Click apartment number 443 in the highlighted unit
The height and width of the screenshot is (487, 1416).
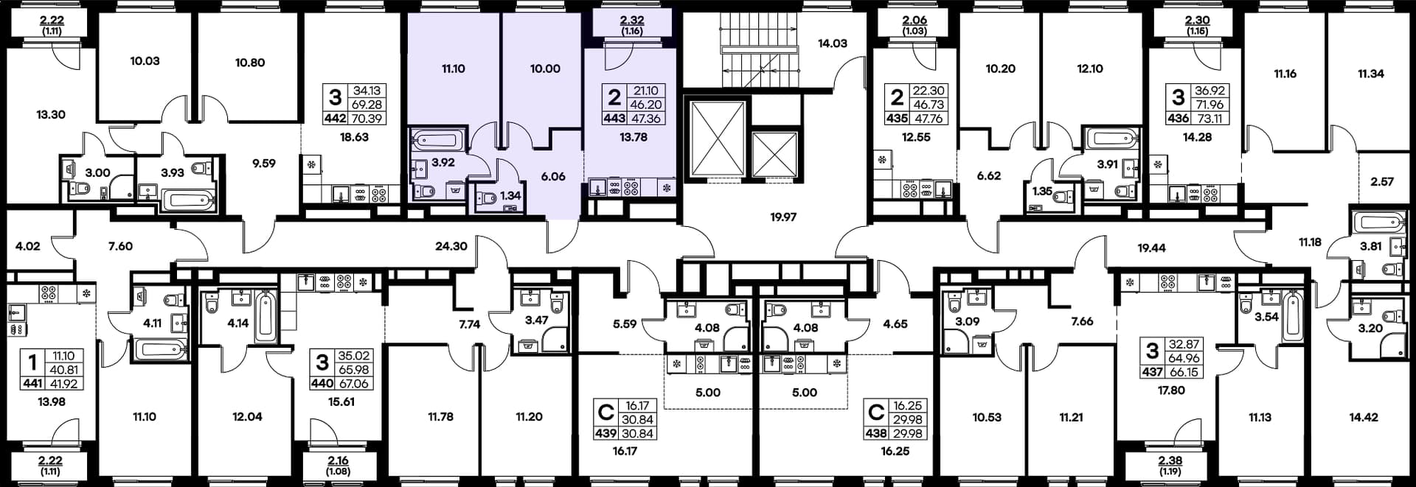(614, 119)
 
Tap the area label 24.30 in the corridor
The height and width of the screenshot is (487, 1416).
(451, 246)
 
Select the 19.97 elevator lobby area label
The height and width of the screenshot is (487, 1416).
(783, 217)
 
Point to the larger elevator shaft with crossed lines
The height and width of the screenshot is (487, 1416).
(717, 140)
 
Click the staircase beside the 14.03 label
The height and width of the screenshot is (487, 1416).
(759, 52)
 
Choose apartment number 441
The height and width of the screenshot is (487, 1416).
(32, 384)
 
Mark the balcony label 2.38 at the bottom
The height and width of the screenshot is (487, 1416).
(1170, 460)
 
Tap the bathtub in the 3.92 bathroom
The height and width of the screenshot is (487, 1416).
(438, 140)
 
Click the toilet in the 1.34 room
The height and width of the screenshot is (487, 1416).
(487, 197)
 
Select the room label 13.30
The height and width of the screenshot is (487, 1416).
(51, 115)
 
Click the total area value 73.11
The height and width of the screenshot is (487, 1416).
(1209, 119)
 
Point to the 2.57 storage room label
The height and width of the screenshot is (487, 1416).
(1382, 182)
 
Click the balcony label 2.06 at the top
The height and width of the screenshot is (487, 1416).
(914, 21)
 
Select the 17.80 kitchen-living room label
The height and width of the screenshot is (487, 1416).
(1171, 390)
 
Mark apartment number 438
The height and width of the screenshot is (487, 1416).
(876, 434)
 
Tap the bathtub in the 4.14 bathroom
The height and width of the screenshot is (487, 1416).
(266, 318)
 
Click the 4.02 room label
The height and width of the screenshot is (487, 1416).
(28, 246)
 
